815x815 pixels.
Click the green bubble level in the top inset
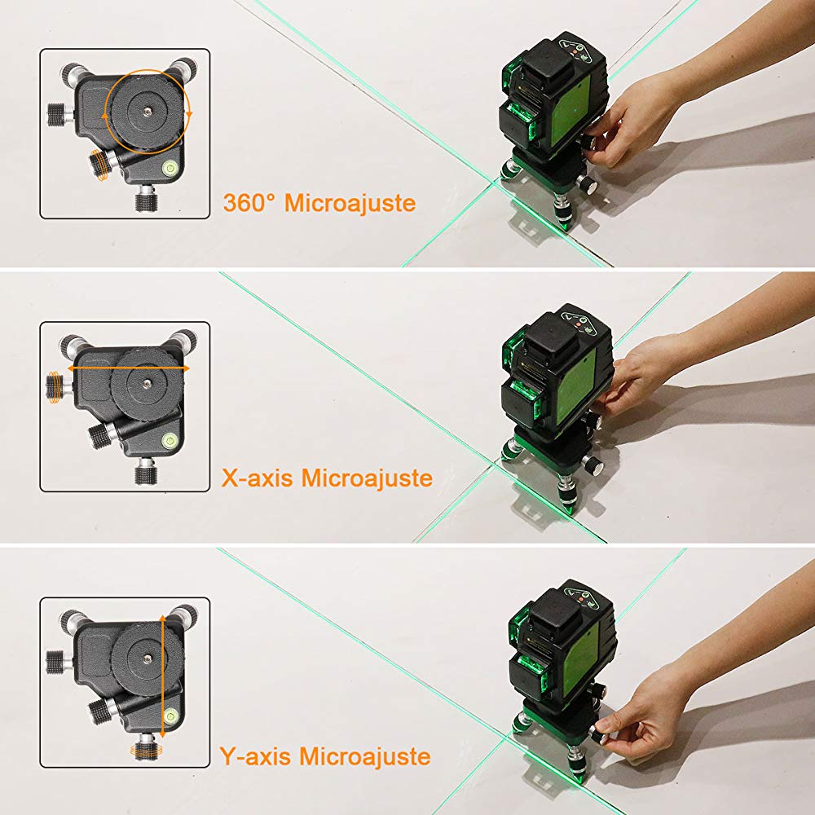[172, 169]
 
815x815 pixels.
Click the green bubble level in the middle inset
[172, 442]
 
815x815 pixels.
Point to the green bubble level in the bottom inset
[172, 717]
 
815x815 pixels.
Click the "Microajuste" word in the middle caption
[367, 478]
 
